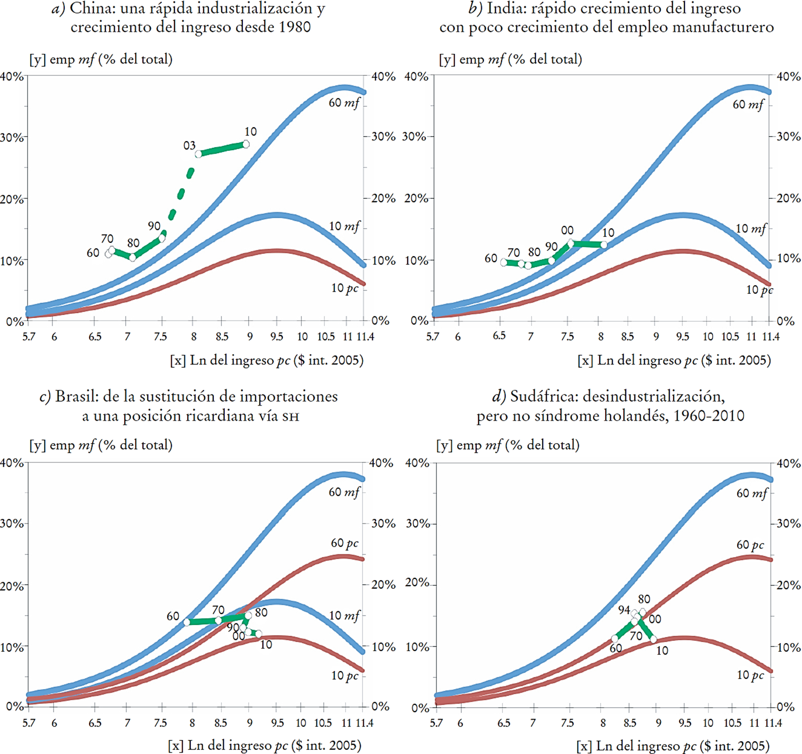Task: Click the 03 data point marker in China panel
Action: pos(198,154)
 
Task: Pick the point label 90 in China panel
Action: pos(154,226)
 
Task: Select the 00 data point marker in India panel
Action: pos(571,243)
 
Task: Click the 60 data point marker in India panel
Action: pos(504,262)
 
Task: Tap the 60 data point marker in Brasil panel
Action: pos(187,622)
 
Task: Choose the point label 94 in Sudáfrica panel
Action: pos(624,610)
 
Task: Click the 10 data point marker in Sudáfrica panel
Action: pos(653,639)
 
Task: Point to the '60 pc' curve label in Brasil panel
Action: pos(344,543)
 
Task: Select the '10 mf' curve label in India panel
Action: pos(750,229)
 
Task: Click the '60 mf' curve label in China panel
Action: pos(344,103)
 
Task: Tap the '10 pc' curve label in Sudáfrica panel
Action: pos(750,675)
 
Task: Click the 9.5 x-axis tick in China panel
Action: pos(277,336)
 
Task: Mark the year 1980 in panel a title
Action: pos(295,27)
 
